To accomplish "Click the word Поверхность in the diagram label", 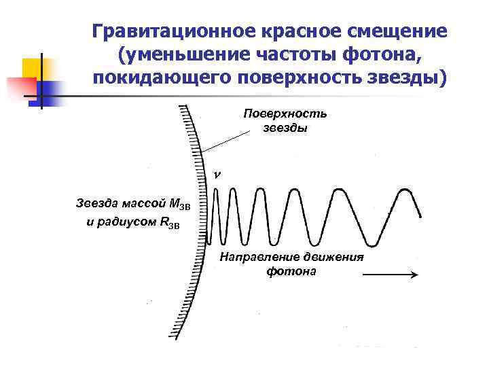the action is [x=285, y=113].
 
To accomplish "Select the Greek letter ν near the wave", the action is [x=217, y=175].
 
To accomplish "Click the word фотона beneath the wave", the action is [x=291, y=271].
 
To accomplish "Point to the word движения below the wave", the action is [x=333, y=258].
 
